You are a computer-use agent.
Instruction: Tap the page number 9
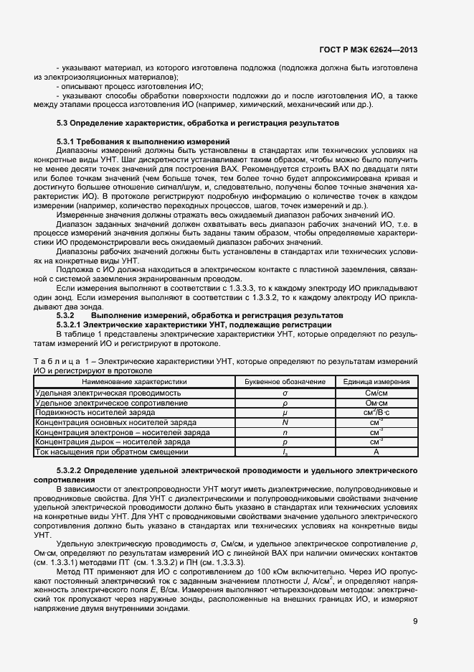[x=414, y=622]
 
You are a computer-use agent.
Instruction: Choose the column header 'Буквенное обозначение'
[x=285, y=382]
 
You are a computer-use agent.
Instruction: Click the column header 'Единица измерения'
[x=376, y=382]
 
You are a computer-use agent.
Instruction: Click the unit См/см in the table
[x=376, y=393]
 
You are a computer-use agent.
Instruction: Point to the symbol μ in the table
[x=285, y=413]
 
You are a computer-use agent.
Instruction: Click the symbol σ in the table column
[x=285, y=393]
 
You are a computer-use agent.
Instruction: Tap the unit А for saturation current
[x=376, y=452]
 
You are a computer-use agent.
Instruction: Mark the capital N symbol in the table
[x=285, y=423]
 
